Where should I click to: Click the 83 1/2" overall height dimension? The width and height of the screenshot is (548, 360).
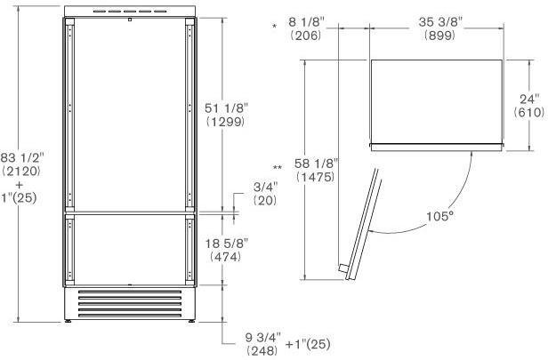22,158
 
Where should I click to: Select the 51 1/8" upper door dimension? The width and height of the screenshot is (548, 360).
226,108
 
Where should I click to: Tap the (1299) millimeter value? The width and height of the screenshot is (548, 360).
225,122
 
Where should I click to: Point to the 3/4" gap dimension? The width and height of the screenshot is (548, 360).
265,187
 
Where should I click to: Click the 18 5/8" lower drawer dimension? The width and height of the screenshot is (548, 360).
227,243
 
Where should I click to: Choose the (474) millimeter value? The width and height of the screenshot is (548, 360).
225,257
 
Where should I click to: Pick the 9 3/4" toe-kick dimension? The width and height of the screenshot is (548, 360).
262,337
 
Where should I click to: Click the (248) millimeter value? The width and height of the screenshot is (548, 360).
262,350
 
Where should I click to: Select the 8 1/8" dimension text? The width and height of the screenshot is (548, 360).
306,22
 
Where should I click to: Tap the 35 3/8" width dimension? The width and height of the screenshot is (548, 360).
440,22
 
